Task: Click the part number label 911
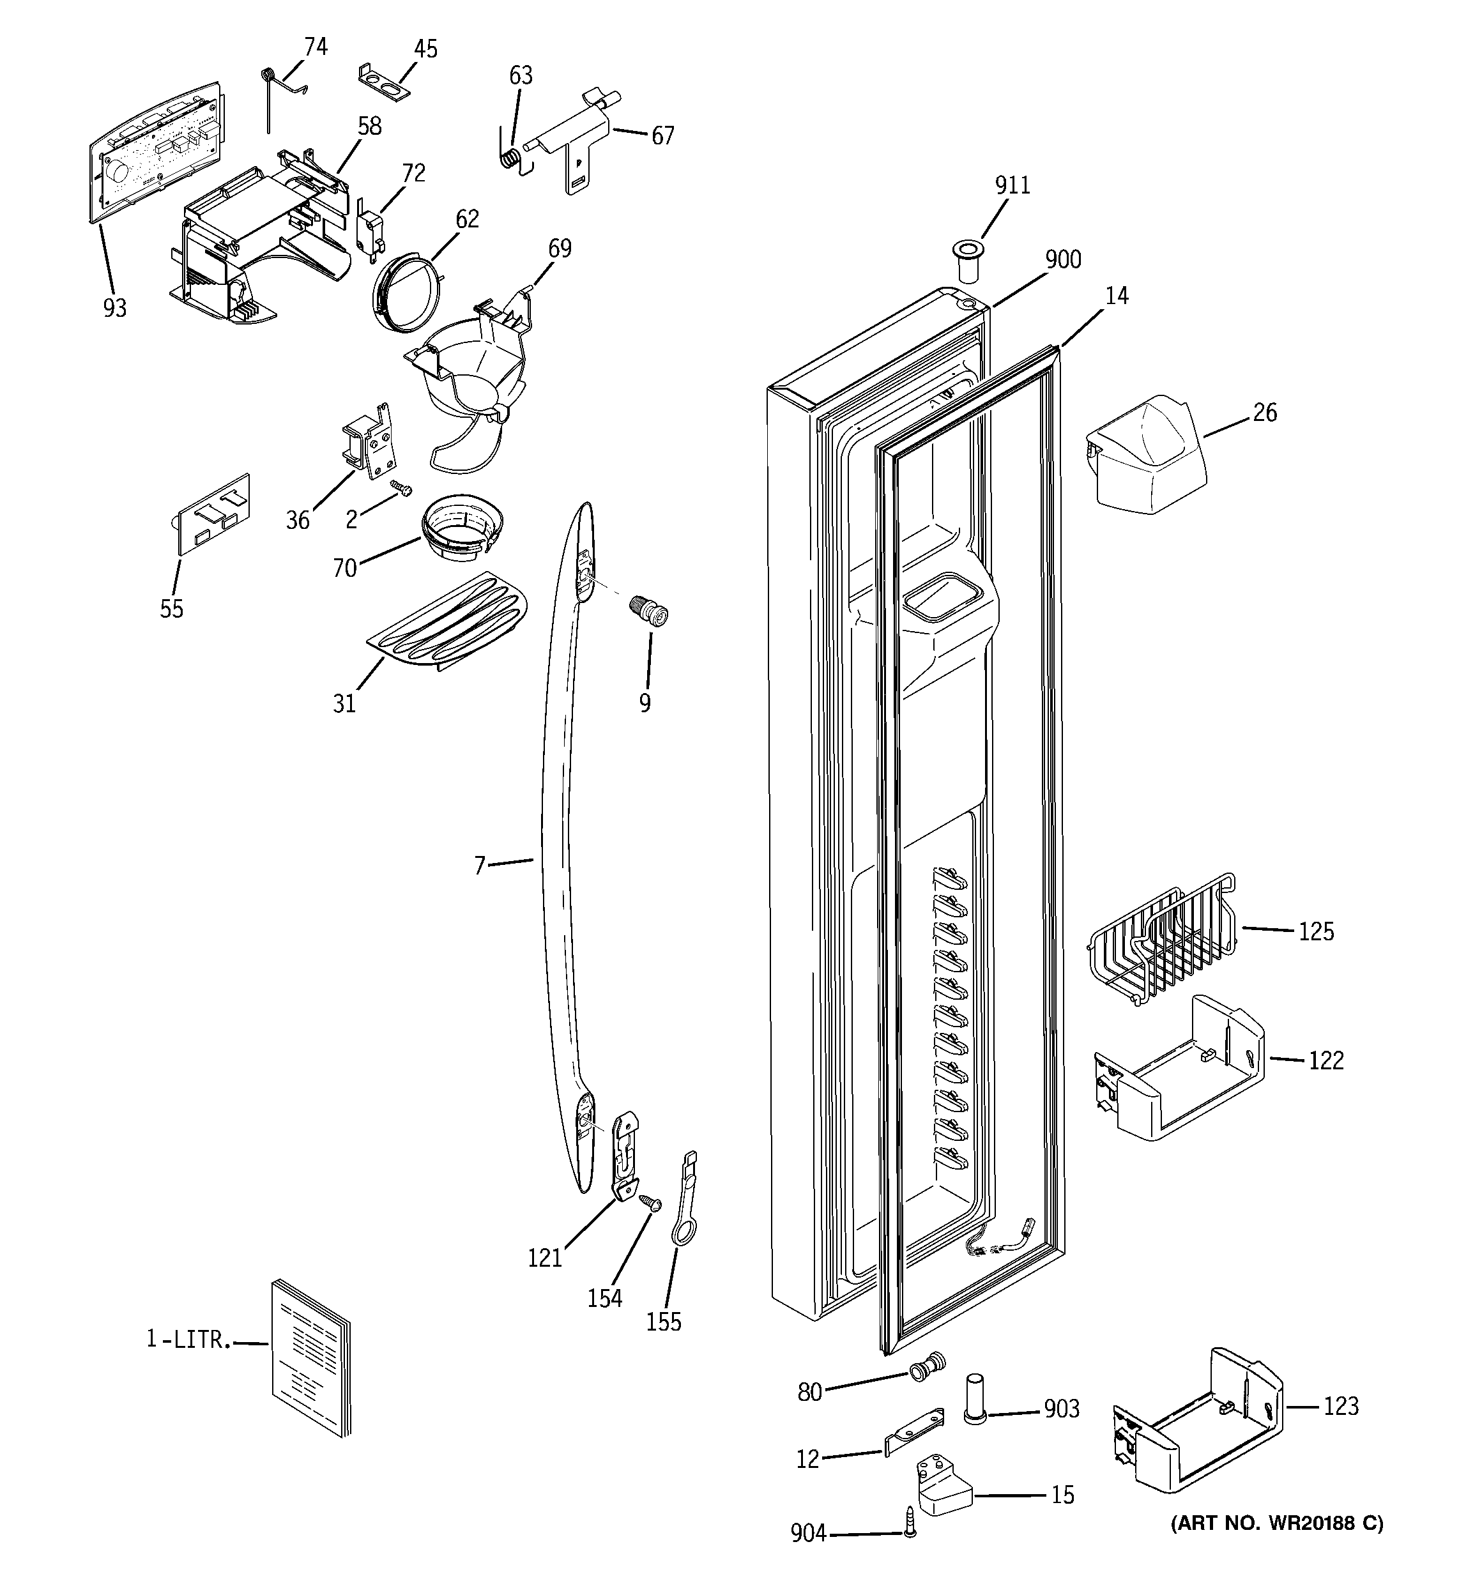point(1012,185)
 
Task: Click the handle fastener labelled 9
point(650,613)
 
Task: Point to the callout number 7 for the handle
point(480,866)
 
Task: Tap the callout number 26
point(1264,413)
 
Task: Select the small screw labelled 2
point(400,487)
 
